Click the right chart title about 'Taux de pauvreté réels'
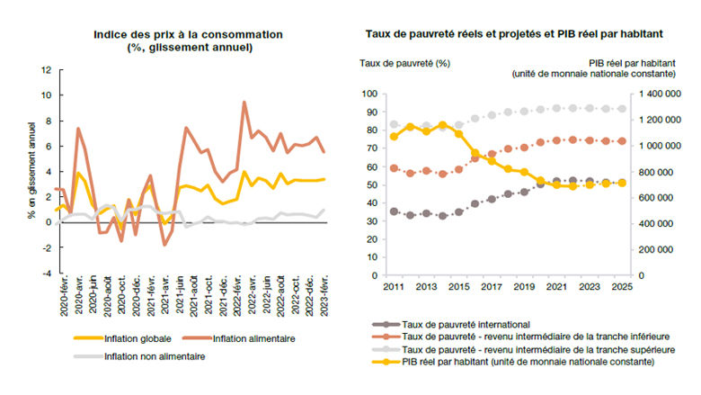tap(514, 34)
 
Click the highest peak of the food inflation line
tap(244, 102)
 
